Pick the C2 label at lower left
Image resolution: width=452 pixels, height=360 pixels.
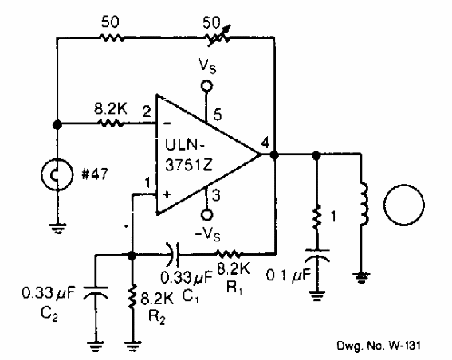coord(66,299)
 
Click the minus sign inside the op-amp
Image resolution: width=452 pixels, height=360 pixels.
coord(167,124)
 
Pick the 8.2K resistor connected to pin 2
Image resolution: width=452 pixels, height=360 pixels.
coord(108,124)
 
